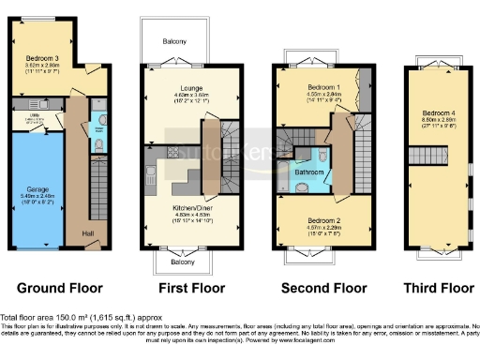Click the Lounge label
tap(180, 88)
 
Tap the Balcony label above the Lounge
tap(175, 41)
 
